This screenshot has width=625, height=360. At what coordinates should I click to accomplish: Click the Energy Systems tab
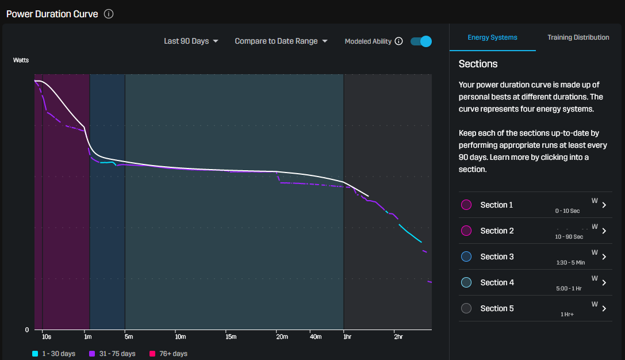(492, 37)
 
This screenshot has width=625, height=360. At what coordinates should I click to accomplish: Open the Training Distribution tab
(578, 37)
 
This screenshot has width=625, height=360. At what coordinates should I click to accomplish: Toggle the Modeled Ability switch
(421, 41)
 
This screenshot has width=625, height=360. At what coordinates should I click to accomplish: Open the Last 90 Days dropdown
(191, 41)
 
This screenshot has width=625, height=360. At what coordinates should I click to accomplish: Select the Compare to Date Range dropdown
(281, 41)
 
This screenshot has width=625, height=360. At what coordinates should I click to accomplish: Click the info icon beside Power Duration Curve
(109, 14)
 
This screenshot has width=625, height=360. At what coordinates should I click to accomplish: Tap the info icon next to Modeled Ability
(399, 41)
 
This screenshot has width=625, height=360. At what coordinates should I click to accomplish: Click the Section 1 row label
(497, 205)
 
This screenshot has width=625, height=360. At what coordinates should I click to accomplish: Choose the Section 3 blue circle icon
(466, 256)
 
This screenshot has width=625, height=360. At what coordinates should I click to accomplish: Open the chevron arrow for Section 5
(604, 309)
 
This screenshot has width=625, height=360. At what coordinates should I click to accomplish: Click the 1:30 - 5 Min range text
(570, 263)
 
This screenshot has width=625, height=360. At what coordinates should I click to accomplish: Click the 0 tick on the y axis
(27, 330)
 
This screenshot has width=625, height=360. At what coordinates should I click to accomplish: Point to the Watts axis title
(21, 60)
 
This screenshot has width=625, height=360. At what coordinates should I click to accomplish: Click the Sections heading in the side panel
(478, 64)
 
